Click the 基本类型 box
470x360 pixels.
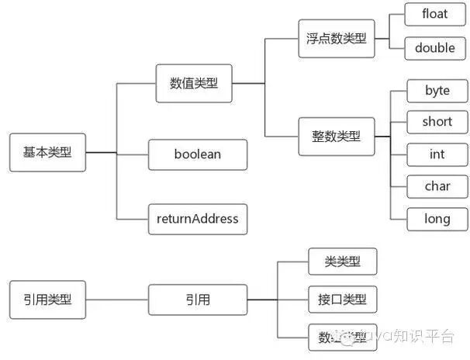pos(47,153)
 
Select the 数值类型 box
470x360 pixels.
pos(194,83)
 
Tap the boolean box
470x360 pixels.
pos(197,154)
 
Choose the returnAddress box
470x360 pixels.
pos(197,219)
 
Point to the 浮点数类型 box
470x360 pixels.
pos(337,38)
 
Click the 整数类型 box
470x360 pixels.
pos(337,136)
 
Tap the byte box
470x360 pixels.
pos(437,90)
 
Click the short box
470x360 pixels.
pos(437,122)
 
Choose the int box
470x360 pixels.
pos(437,154)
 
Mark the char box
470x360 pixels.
pos(437,186)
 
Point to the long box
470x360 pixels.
pos(437,219)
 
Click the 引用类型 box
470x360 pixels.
pos(47,299)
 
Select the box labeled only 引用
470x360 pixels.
pos(197,299)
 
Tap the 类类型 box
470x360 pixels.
pos(342,261)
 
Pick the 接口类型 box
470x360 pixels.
pos(342,299)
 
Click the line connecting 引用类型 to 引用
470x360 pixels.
pos(116,299)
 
